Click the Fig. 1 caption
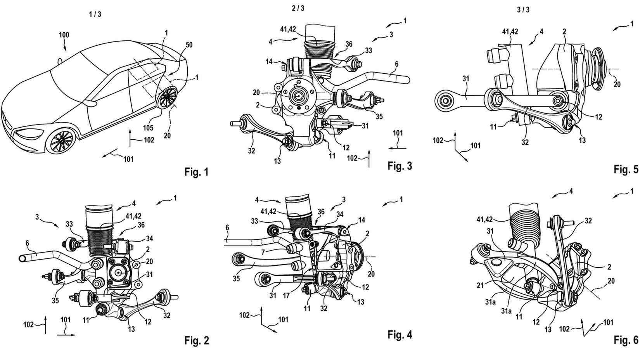click(x=196, y=171)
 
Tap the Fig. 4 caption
click(x=400, y=334)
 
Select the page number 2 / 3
click(x=298, y=9)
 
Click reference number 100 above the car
click(x=64, y=35)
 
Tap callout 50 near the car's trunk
click(x=189, y=45)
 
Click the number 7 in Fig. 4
click(x=263, y=253)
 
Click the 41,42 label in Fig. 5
click(x=510, y=32)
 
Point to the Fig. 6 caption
click(x=626, y=340)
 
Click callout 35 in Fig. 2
click(x=55, y=300)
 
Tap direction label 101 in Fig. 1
click(x=128, y=159)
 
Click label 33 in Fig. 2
click(x=69, y=224)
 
